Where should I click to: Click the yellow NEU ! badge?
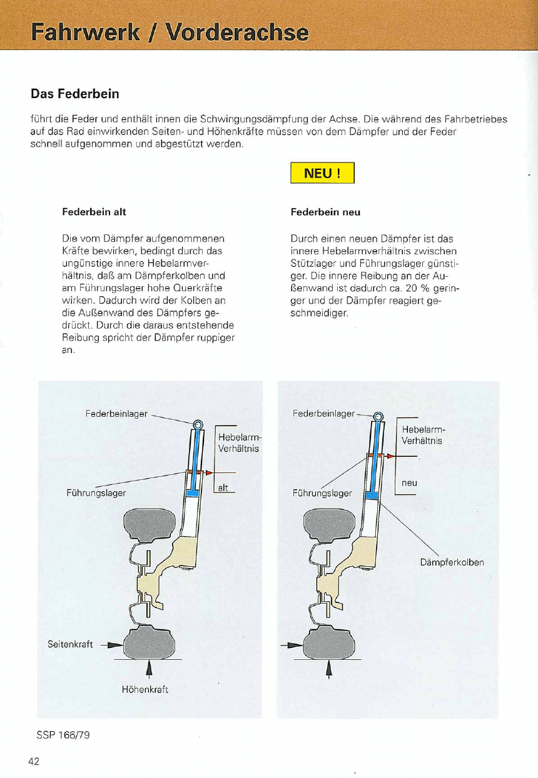pos(322,173)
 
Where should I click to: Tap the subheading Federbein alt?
pos(94,212)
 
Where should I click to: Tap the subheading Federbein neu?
pos(325,212)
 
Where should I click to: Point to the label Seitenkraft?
pos(70,644)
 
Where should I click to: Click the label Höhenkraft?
pos(145,689)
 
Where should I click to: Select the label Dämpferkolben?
pos(452,562)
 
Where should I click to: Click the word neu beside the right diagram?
pos(409,483)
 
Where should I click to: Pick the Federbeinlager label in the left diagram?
pos(116,413)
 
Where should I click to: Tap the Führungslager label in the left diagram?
pos(96,492)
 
